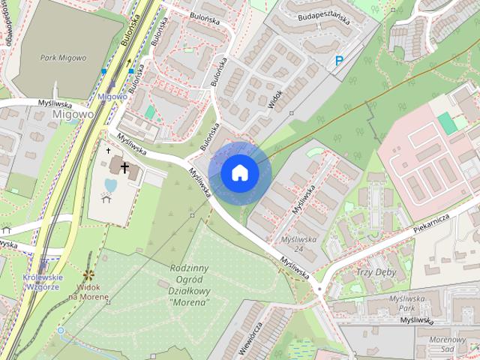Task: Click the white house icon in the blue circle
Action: (239, 172)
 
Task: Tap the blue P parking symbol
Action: (340, 61)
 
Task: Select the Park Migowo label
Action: (64, 58)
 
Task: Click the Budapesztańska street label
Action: (324, 16)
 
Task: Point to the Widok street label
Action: (276, 100)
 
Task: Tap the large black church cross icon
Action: (124, 166)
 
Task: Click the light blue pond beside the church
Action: (110, 184)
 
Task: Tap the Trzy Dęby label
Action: (376, 272)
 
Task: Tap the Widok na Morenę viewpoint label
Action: (88, 292)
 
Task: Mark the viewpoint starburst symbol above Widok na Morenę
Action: (88, 275)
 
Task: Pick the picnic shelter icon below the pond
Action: (105, 199)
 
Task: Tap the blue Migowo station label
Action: (112, 97)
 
